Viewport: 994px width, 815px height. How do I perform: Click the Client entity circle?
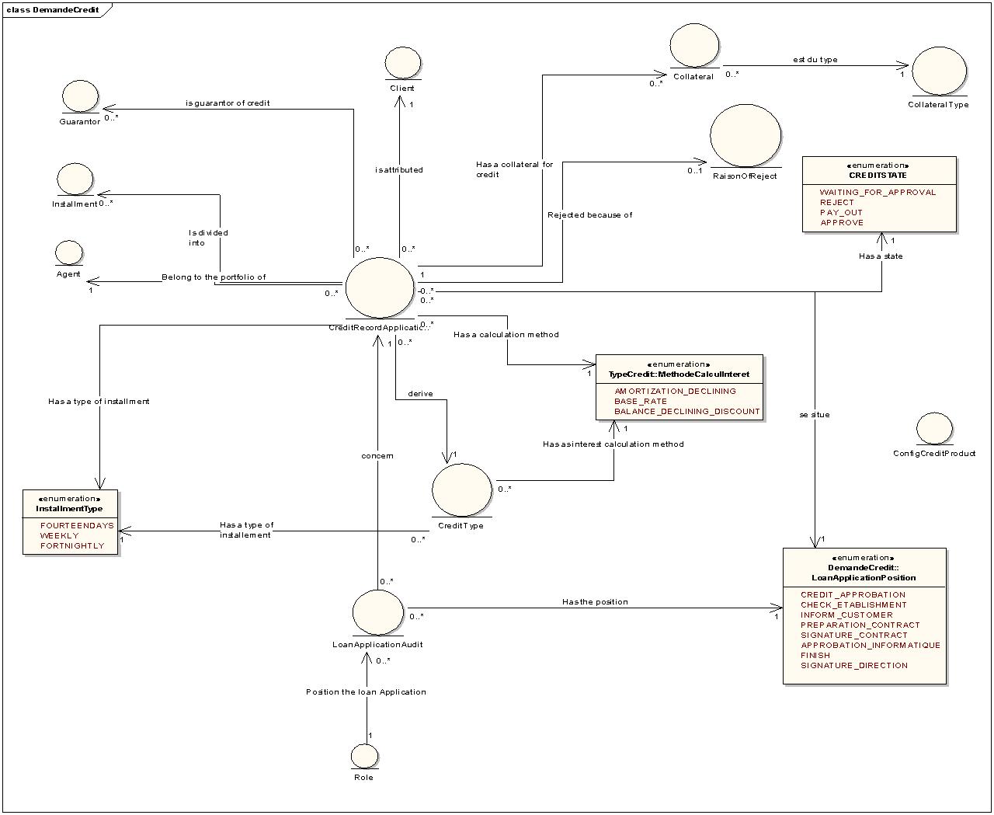402,62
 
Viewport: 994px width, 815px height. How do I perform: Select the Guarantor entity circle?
80,96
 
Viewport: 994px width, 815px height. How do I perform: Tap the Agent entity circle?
69,253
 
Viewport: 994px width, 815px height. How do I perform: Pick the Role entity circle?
364,756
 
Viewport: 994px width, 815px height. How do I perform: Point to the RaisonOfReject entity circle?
745,135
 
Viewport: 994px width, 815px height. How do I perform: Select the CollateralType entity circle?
939,71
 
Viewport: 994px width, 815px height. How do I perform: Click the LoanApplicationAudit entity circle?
378,612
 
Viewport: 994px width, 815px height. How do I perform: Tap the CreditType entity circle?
461,489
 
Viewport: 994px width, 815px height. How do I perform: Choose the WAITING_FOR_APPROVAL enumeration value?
878,193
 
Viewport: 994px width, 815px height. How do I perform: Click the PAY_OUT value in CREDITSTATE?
841,213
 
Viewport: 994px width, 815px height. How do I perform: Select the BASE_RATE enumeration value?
641,402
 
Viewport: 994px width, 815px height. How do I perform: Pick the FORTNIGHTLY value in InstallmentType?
71,546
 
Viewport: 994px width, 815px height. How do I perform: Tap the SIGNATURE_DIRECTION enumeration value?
853,666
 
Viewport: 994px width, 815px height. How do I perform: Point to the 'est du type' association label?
815,60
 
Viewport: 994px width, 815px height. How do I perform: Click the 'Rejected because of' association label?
589,215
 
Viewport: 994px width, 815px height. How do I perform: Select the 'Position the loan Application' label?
366,692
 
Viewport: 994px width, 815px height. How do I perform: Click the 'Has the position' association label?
595,602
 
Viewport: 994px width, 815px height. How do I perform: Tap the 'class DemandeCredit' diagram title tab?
53,9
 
